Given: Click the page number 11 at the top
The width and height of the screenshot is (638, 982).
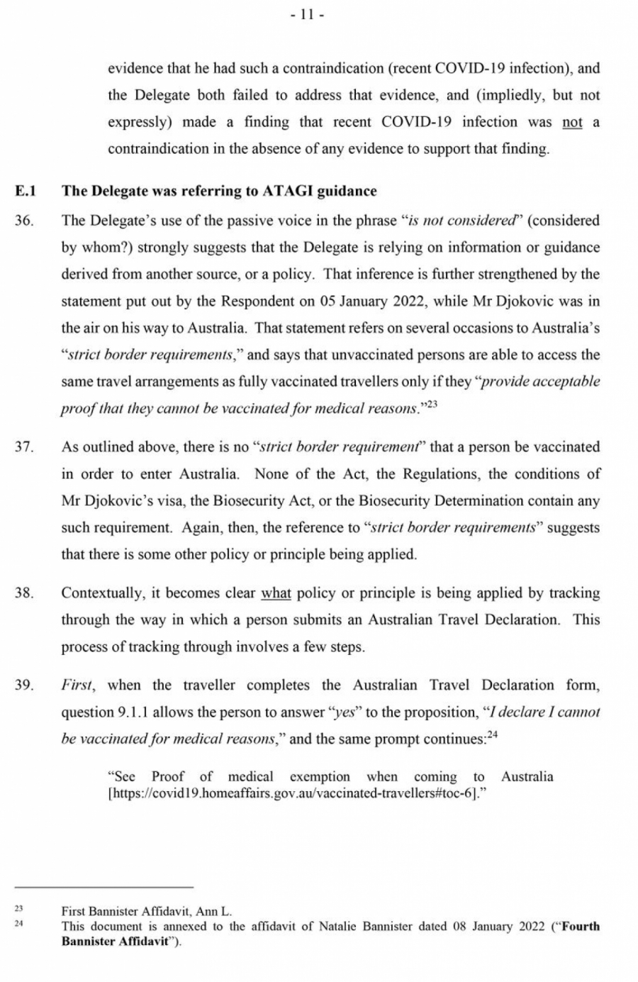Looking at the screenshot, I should [307, 15].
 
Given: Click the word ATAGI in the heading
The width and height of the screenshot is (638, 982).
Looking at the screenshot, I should [288, 191].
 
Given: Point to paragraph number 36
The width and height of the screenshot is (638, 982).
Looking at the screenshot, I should [23, 221].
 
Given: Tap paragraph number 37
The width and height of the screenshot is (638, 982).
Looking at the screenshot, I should [23, 447].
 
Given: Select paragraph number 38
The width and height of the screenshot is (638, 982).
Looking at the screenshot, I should [23, 593].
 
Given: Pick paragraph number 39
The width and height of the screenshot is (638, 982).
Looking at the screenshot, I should [23, 685].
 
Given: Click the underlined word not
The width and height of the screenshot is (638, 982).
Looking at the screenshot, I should [572, 122].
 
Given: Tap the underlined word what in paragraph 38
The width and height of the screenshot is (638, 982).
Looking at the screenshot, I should [276, 593].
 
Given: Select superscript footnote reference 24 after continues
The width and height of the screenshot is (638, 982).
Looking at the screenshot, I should [493, 735].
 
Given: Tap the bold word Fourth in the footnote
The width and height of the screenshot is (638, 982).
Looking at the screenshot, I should [580, 926].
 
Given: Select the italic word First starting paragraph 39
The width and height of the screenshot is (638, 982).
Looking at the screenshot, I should [77, 685].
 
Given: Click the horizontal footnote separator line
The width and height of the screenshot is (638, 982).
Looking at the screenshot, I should [104, 887].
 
